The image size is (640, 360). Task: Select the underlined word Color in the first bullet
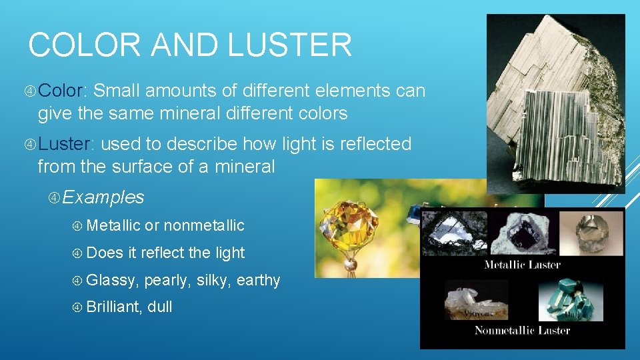tap(70, 91)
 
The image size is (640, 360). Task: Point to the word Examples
tap(104, 197)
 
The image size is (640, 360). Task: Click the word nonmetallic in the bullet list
tap(204, 226)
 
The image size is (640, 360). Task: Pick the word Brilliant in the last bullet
tap(111, 307)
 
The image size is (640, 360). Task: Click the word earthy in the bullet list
tap(258, 281)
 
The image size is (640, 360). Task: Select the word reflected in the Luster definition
tap(374, 144)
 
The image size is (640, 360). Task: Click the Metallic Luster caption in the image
tap(522, 265)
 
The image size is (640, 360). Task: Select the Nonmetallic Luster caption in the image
tap(522, 330)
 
